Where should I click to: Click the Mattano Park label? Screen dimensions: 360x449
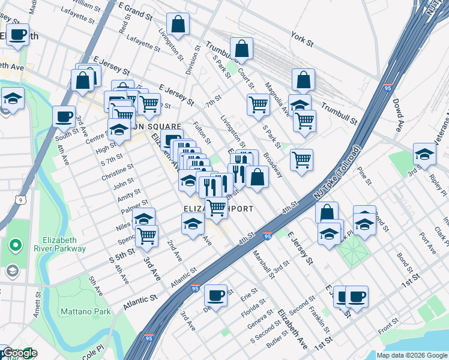(85, 311)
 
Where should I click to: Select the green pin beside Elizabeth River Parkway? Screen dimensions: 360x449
(15, 245)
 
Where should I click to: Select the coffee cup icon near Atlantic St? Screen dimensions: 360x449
(215, 295)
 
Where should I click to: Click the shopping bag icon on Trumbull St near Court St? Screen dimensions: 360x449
(241, 49)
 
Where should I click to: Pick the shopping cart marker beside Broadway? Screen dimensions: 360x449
(301, 160)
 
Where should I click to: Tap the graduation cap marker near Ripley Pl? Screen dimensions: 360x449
(424, 154)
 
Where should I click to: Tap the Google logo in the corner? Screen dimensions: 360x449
(19, 353)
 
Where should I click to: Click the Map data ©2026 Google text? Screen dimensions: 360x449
(412, 355)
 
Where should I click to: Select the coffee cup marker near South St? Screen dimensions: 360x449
(64, 116)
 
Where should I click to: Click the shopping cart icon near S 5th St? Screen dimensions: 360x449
(146, 235)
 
